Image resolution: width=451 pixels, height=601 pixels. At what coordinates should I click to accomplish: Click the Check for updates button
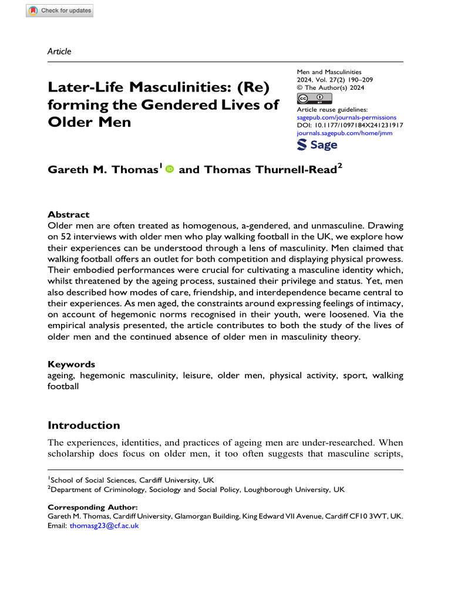click(60, 11)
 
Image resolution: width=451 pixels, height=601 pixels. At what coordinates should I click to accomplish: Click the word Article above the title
click(59, 51)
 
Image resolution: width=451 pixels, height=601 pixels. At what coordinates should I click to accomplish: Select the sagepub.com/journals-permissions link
click(347, 117)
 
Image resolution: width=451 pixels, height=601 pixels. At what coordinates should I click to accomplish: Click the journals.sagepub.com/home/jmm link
click(345, 133)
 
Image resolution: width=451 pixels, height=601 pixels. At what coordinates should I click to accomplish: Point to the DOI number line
click(351, 126)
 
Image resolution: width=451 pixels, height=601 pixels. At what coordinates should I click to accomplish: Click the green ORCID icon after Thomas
click(170, 170)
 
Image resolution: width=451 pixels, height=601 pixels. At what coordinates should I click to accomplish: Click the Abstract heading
click(69, 215)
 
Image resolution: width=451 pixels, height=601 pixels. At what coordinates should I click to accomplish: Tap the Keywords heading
click(71, 364)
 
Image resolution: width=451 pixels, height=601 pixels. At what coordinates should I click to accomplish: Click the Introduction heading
click(83, 425)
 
